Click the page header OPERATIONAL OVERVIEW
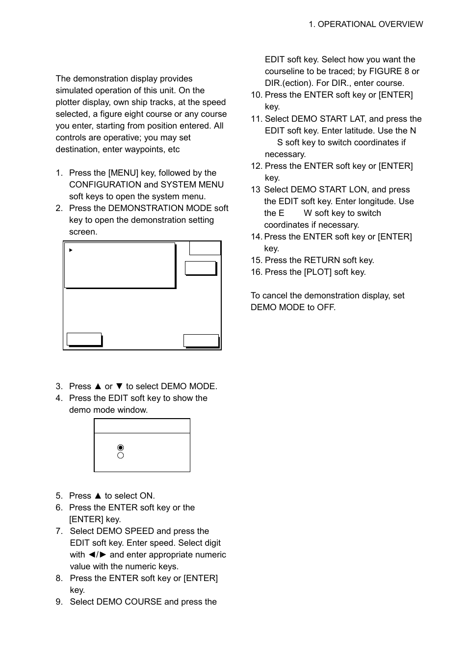pyautogui.click(x=365, y=24)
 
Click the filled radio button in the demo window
pyautogui.click(x=121, y=448)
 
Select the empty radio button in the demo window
pyautogui.click(x=121, y=456)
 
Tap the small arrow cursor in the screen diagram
pyautogui.click(x=71, y=250)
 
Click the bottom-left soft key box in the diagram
pyautogui.click(x=84, y=339)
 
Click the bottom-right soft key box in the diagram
pyautogui.click(x=201, y=341)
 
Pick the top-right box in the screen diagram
pyautogui.click(x=205, y=248)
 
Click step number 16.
pyautogui.click(x=256, y=272)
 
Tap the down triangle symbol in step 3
pyautogui.click(x=119, y=386)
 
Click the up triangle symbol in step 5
pyautogui.click(x=98, y=496)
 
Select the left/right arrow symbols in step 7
pyautogui.click(x=97, y=555)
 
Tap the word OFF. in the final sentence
pyautogui.click(x=326, y=307)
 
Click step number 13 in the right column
pyautogui.click(x=255, y=189)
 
